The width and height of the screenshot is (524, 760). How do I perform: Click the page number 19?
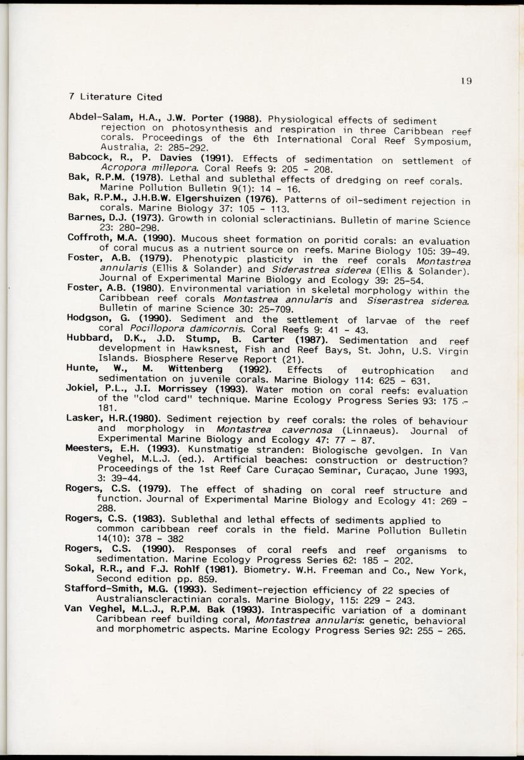467,80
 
